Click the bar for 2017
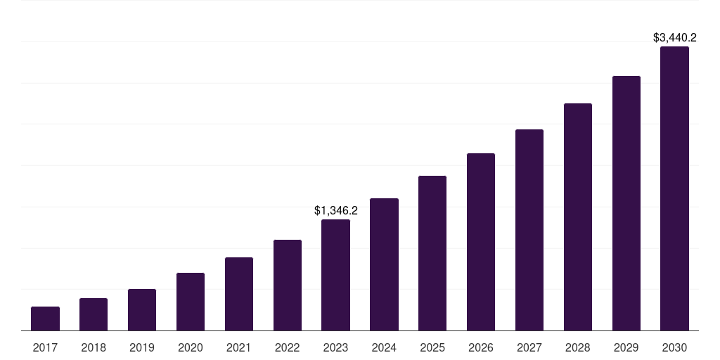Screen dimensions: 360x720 tap(45, 319)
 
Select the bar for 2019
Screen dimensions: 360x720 tap(142, 310)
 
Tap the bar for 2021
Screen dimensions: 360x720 tap(239, 294)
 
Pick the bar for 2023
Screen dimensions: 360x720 tap(335, 275)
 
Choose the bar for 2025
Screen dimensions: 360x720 tap(432, 253)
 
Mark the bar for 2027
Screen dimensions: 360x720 tap(529, 230)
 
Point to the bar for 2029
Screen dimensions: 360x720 tap(626, 203)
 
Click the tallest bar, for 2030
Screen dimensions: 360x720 tap(674, 188)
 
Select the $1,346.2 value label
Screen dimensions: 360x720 tap(336, 210)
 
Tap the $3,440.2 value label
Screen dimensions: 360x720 tap(675, 38)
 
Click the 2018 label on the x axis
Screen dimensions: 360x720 tap(94, 347)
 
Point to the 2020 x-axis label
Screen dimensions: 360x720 tap(191, 347)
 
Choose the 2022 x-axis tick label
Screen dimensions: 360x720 tap(288, 347)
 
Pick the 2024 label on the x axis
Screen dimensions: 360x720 tap(384, 347)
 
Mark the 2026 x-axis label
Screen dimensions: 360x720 tap(481, 347)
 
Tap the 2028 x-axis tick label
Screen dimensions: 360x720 tap(578, 347)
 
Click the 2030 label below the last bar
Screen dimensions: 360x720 tap(674, 347)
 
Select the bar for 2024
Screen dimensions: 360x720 tap(384, 264)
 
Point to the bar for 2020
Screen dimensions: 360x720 tap(191, 302)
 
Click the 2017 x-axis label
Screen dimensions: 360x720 tap(45, 347)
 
